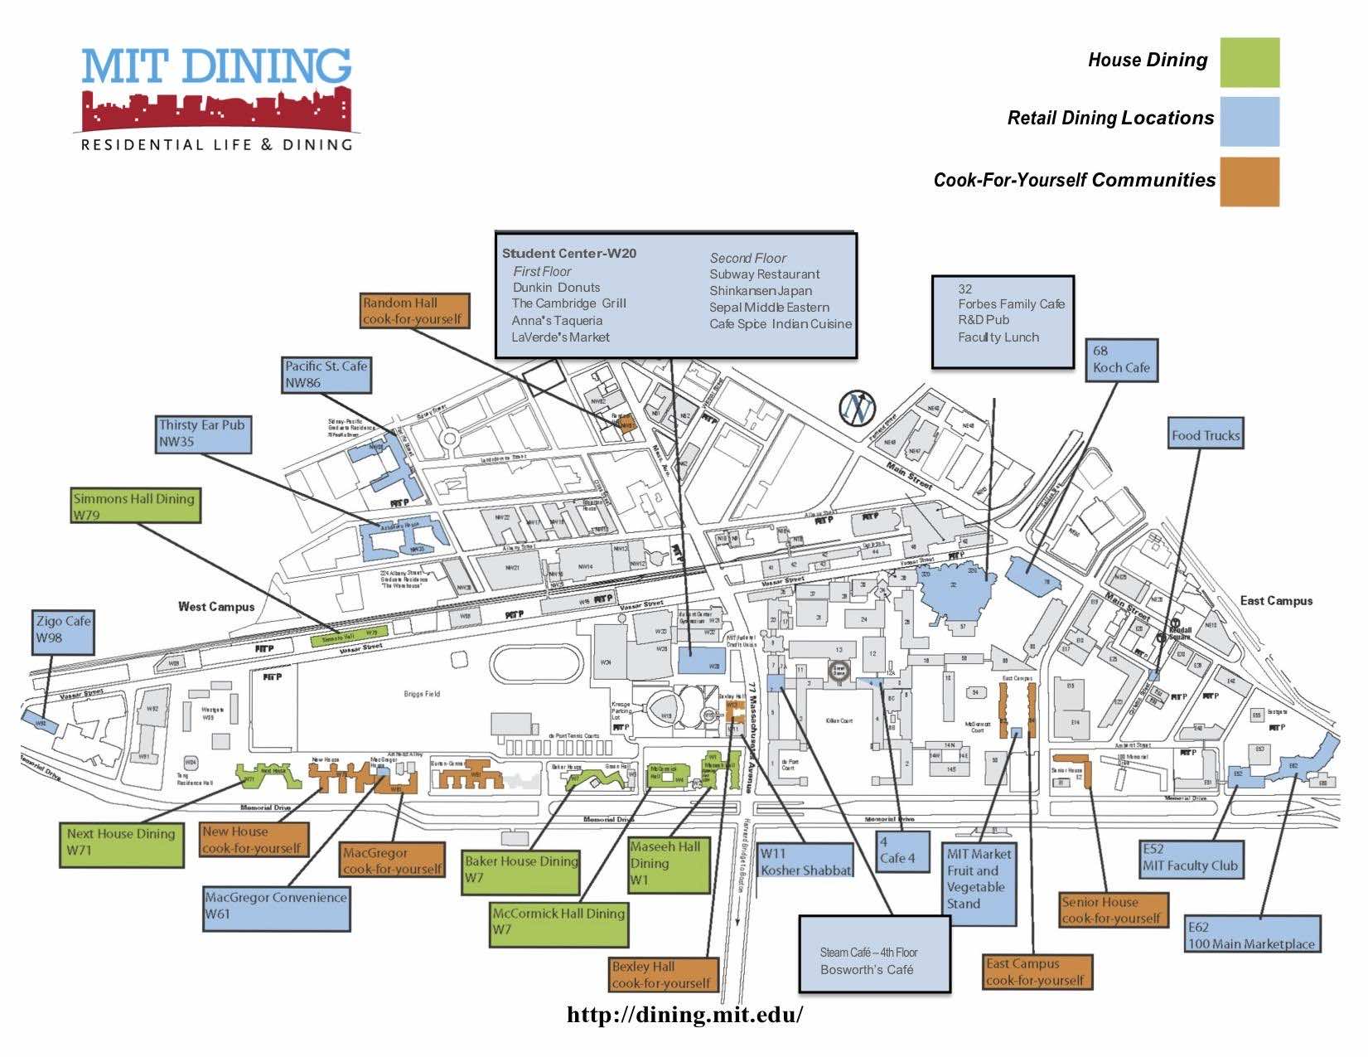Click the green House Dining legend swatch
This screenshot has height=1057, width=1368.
click(x=1249, y=62)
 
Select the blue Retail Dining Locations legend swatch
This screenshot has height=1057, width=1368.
click(x=1249, y=121)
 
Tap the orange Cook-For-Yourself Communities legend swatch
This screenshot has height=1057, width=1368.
click(x=1249, y=182)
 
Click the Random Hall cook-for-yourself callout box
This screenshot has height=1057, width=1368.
click(x=415, y=310)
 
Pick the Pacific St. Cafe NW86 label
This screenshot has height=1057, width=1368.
click(x=326, y=375)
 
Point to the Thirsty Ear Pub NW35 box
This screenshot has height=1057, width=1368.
click(x=203, y=434)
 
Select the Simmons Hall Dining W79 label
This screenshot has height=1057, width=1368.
click(x=135, y=506)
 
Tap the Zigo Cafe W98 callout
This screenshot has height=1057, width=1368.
click(x=63, y=631)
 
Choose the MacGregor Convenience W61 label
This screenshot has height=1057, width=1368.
click(x=277, y=906)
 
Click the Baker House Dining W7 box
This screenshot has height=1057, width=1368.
click(x=521, y=870)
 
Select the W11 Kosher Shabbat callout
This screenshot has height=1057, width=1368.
click(x=805, y=862)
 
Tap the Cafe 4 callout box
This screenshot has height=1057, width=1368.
click(x=902, y=851)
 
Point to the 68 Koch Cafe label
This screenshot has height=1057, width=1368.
click(x=1121, y=360)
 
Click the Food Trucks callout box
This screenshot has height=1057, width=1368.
click(x=1206, y=435)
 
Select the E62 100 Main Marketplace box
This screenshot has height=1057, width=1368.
click(x=1251, y=935)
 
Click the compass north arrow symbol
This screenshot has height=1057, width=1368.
click(x=858, y=406)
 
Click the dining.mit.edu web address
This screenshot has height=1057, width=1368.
click(x=684, y=1015)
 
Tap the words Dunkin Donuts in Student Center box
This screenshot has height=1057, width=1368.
click(x=556, y=288)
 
